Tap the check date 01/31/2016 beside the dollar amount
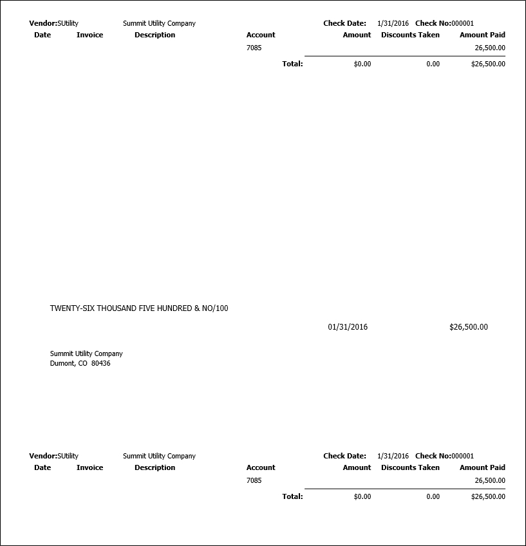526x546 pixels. click(x=348, y=327)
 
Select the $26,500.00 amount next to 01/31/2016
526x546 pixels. click(x=468, y=327)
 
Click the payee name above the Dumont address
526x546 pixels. click(x=86, y=353)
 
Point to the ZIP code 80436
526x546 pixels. click(x=100, y=363)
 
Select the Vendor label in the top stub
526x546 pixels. click(x=42, y=23)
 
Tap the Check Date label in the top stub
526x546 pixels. click(x=344, y=23)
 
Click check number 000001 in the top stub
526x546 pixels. click(x=462, y=23)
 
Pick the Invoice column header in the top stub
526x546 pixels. click(x=89, y=35)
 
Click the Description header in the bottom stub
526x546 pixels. click(x=155, y=467)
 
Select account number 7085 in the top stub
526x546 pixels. click(x=254, y=48)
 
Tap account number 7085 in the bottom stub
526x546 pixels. click(x=254, y=480)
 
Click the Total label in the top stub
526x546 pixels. click(x=292, y=64)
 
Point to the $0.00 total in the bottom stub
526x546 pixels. click(x=362, y=496)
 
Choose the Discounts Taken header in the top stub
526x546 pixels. click(x=410, y=35)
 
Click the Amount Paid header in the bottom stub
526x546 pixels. click(x=482, y=467)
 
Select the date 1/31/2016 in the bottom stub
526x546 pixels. click(x=393, y=456)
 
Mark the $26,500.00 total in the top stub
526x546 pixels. click(x=488, y=64)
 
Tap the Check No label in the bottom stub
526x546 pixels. click(x=433, y=456)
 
